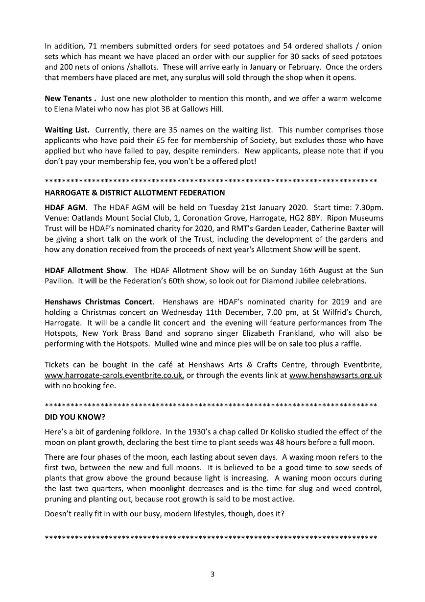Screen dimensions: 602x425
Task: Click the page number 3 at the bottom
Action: tap(212, 574)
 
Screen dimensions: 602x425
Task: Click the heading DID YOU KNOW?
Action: tap(75, 417)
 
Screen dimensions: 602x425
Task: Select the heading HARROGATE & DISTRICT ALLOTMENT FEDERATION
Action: tap(135, 193)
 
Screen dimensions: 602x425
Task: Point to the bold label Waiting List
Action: tap(67, 130)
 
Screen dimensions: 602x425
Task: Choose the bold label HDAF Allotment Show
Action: tap(85, 270)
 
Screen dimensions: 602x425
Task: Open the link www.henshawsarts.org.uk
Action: tap(335, 376)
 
